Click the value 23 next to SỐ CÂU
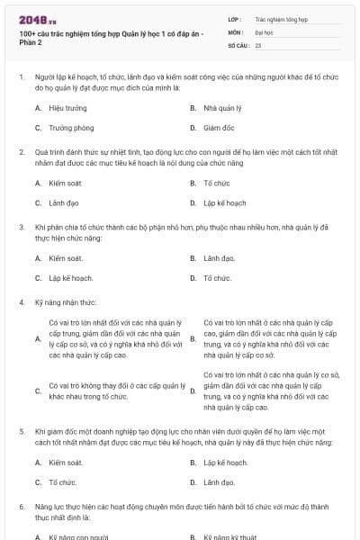pos(258,43)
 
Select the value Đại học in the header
pos(265,31)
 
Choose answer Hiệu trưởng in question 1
pos(68,108)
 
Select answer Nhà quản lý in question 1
pos(221,108)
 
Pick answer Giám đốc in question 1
pos(219,128)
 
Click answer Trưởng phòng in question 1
pos(71,128)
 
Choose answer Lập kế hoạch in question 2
pos(224,203)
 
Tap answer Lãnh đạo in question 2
pos(64,203)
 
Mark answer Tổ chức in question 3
pos(217,278)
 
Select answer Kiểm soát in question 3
pos(66,258)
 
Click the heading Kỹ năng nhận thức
pos(67,302)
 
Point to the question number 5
pos(22,432)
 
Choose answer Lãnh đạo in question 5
pos(219,482)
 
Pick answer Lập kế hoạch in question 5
pos(225,463)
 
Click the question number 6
pos(22,508)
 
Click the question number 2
pos(22,153)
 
